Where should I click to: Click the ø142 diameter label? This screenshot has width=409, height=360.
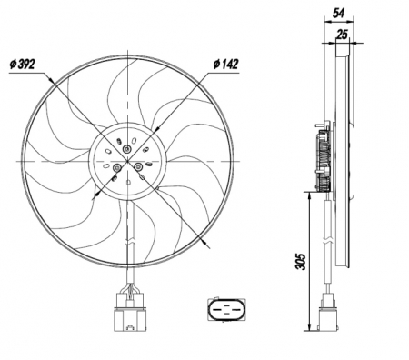[225, 64]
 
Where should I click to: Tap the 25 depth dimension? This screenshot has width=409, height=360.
[342, 35]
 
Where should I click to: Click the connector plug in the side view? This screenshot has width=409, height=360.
[328, 314]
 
